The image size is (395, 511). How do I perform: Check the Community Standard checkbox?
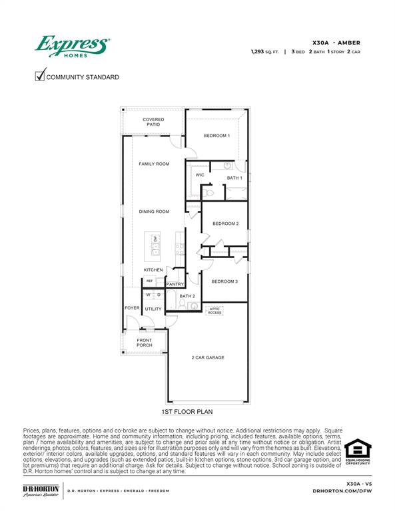[40, 76]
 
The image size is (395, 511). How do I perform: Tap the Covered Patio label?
[153, 122]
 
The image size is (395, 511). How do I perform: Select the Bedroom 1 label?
[216, 136]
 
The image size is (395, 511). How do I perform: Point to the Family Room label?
[154, 164]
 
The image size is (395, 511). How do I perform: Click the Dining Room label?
[154, 212]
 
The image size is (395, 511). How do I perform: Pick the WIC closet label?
[199, 175]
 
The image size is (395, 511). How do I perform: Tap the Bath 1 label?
[234, 178]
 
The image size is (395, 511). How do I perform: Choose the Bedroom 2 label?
[225, 224]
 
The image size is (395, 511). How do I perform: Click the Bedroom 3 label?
[224, 281]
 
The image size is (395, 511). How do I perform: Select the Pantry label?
[175, 284]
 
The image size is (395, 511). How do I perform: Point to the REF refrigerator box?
[150, 281]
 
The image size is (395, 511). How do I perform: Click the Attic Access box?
[214, 310]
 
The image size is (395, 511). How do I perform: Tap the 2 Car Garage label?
[208, 357]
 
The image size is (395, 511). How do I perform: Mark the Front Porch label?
[145, 343]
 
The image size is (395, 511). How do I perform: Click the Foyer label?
[132, 308]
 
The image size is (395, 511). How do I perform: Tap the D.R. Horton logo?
[41, 490]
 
